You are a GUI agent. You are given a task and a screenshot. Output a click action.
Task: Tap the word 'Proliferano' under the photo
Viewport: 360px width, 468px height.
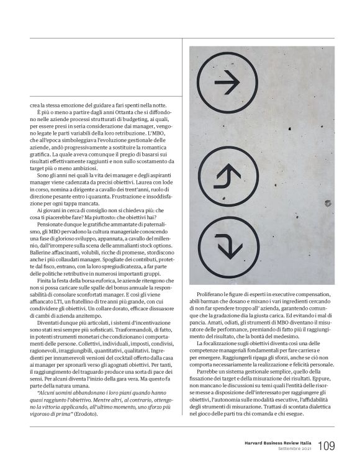pyautogui.click(x=210, y=291)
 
